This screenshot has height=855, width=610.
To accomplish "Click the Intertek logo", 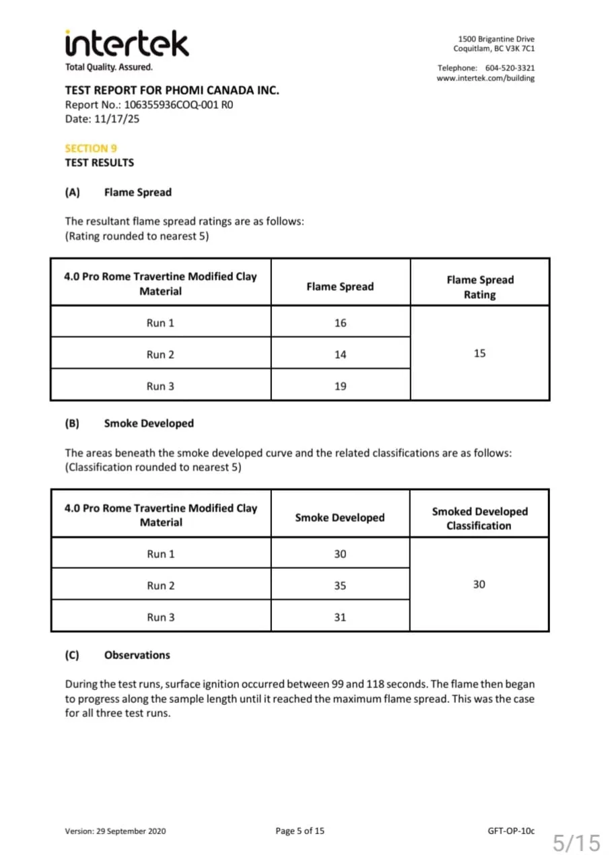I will click(x=127, y=44).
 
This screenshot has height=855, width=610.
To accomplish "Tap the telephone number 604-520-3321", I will click(x=510, y=68).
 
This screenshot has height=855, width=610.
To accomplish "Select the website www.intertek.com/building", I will click(x=485, y=78).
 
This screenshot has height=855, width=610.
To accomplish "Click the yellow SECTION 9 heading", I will click(x=91, y=148).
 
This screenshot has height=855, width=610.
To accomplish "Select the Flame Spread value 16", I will click(x=340, y=323).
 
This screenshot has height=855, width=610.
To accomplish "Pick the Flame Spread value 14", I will click(x=340, y=355).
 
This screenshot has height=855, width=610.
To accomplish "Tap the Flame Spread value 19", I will click(x=340, y=386).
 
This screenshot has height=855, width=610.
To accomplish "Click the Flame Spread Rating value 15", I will click(x=479, y=353).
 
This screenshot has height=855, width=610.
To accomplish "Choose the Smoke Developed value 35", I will click(x=340, y=586).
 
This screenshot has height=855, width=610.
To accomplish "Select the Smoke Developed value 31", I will click(x=340, y=617).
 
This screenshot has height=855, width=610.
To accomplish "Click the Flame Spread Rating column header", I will click(x=479, y=287).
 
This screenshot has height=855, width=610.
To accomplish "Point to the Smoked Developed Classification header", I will click(x=479, y=518).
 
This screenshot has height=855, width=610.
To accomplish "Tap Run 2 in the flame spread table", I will click(x=160, y=355).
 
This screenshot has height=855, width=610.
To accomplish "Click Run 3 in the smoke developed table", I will click(x=160, y=617).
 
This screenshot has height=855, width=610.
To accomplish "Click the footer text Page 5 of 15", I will click(x=300, y=831).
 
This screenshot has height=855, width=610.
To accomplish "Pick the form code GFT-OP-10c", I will click(x=510, y=831).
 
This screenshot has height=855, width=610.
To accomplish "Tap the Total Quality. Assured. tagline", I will click(x=108, y=67).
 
